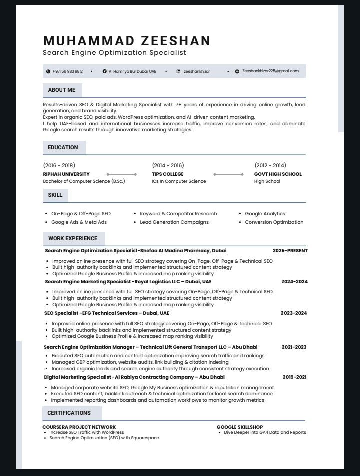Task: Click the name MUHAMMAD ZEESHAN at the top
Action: tap(127, 41)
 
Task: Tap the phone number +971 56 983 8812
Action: tap(67, 71)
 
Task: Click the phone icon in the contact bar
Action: tap(48, 71)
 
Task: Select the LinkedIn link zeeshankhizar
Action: tap(197, 71)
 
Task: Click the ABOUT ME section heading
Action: tap(62, 90)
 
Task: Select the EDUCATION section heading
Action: tap(63, 147)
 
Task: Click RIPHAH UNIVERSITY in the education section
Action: tap(66, 174)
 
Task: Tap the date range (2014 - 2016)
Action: tap(168, 165)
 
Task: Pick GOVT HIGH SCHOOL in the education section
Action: tap(278, 174)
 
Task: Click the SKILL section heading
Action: tap(55, 195)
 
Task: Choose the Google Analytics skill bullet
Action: tap(265, 214)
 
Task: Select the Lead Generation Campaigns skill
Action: tap(174, 222)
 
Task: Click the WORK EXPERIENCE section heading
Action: tap(73, 238)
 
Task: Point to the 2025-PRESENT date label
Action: tap(290, 251)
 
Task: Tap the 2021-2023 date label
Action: tap(294, 347)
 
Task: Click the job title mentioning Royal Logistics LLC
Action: tap(128, 282)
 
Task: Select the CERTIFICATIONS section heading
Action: tap(69, 413)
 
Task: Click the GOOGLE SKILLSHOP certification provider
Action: tap(240, 427)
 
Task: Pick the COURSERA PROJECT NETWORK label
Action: tap(79, 427)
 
